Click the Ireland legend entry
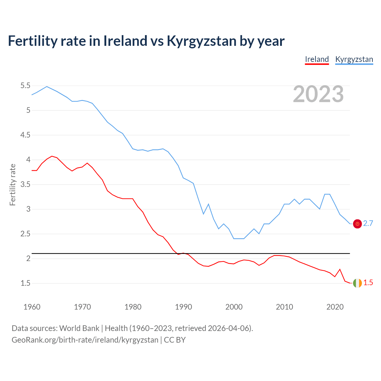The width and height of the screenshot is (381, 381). tap(317, 59)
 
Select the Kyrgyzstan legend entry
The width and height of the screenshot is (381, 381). tap(354, 59)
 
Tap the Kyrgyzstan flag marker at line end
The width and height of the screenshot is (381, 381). tap(357, 224)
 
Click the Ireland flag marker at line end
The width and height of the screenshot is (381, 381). tap(357, 283)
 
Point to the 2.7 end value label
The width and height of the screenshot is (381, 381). tap(368, 224)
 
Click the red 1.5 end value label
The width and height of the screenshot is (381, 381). tap(368, 283)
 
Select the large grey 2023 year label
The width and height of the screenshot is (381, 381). tap(318, 94)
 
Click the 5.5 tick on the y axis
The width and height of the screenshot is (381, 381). tap(25, 86)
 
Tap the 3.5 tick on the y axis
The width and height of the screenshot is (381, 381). tap(25, 185)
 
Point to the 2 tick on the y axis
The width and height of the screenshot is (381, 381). tap(28, 258)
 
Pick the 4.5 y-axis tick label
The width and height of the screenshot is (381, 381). tap(25, 135)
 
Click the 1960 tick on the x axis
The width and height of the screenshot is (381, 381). tap(32, 307)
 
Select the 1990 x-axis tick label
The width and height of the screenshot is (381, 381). tap(183, 307)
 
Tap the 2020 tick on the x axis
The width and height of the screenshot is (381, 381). tap(335, 307)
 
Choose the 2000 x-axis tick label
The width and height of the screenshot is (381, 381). tap(234, 307)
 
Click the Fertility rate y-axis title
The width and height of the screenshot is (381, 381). tap(13, 185)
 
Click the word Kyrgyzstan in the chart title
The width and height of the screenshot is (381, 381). tap(202, 41)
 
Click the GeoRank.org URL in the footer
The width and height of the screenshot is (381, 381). tap(85, 340)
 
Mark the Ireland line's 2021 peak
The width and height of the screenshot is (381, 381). tap(340, 269)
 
